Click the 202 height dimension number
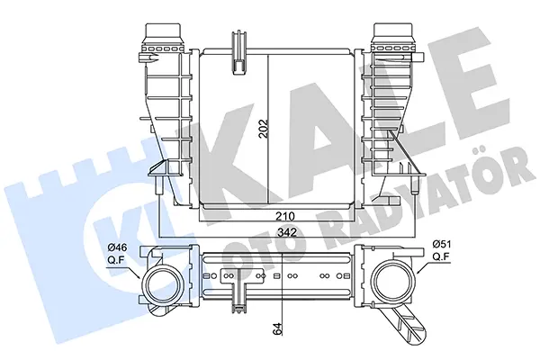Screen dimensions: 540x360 pyautogui.click(x=264, y=129)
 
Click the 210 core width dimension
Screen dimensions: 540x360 pyautogui.click(x=284, y=216)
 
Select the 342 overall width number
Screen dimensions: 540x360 pyautogui.click(x=287, y=232)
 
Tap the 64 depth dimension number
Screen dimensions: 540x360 pyautogui.click(x=278, y=328)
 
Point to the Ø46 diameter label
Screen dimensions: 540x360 pyautogui.click(x=117, y=247)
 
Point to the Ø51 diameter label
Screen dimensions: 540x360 pyautogui.click(x=442, y=245)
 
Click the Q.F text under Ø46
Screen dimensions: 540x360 pyautogui.click(x=116, y=260)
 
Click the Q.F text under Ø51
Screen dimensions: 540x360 pyautogui.click(x=441, y=256)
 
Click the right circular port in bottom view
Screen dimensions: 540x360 pyautogui.click(x=395, y=279)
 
